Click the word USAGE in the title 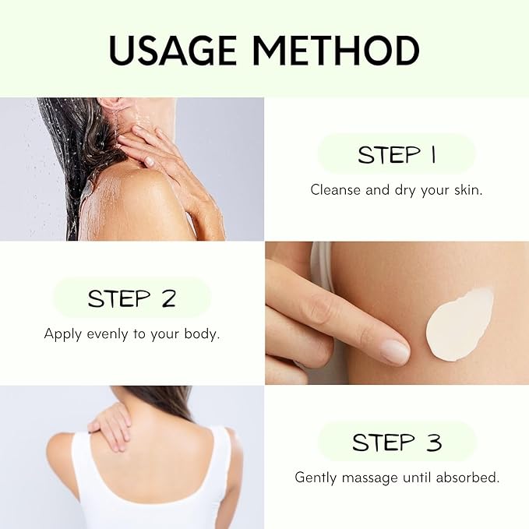pos(172,51)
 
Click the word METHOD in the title pos(336,51)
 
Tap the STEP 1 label pos(397,155)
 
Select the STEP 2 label pos(132,298)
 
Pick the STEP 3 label pos(397,443)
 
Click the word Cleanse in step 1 pos(336,190)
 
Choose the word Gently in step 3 pos(316,478)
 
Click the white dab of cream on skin pos(459,325)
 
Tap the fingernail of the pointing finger pos(395,352)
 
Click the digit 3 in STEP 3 pos(434,443)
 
